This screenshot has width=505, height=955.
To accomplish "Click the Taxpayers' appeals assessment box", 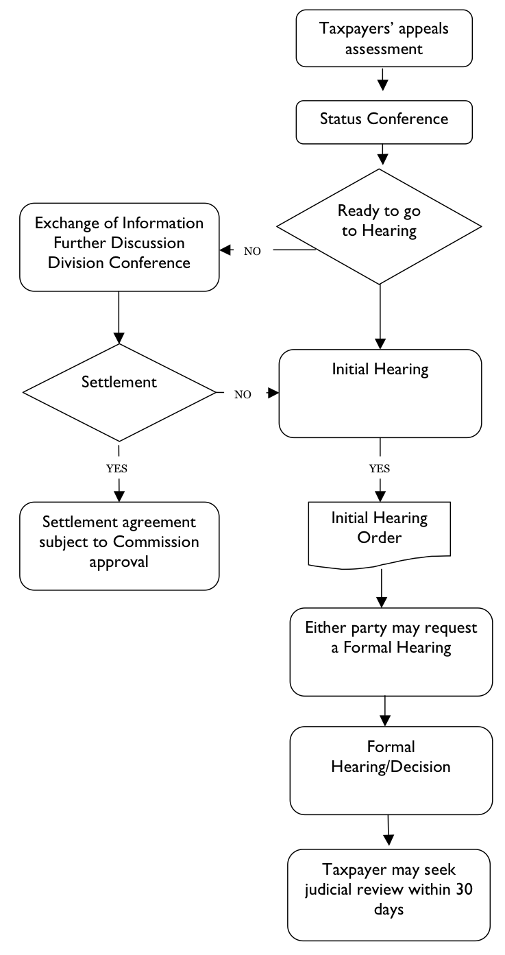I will (384, 38).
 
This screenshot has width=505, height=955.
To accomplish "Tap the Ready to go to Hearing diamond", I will (380, 226).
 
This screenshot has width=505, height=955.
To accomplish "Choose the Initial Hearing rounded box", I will (380, 393).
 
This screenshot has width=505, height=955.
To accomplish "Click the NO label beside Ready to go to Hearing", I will (252, 252).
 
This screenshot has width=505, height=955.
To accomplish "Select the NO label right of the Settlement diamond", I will (243, 395).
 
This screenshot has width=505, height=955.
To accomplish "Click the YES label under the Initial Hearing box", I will (380, 469).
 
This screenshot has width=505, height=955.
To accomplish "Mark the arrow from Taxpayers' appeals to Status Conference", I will (384, 79).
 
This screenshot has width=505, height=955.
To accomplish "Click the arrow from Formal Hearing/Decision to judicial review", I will (389, 830).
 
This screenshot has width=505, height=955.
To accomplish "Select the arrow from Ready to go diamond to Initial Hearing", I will (380, 316).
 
